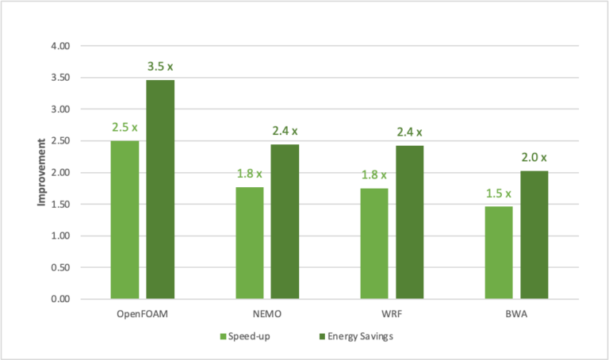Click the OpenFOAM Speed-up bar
click(x=124, y=220)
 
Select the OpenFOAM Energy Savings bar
click(x=159, y=190)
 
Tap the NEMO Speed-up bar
click(x=250, y=243)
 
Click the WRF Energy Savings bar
click(x=410, y=222)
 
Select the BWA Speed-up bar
click(x=499, y=252)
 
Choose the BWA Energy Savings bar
click(x=534, y=235)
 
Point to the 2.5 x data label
click(x=124, y=127)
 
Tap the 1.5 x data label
click(x=499, y=193)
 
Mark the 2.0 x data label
click(x=534, y=157)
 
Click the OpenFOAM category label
click(x=142, y=315)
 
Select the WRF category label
click(x=393, y=315)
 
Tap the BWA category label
click(x=516, y=315)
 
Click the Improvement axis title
click(x=40, y=173)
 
